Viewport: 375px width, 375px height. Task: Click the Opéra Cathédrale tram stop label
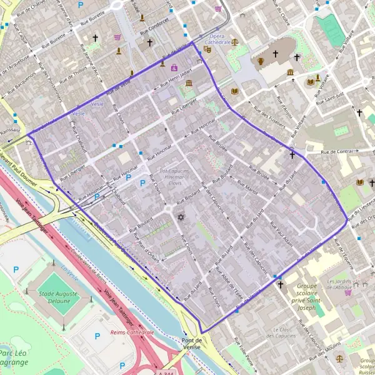220,40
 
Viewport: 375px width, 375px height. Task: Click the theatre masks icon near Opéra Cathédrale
207,50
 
